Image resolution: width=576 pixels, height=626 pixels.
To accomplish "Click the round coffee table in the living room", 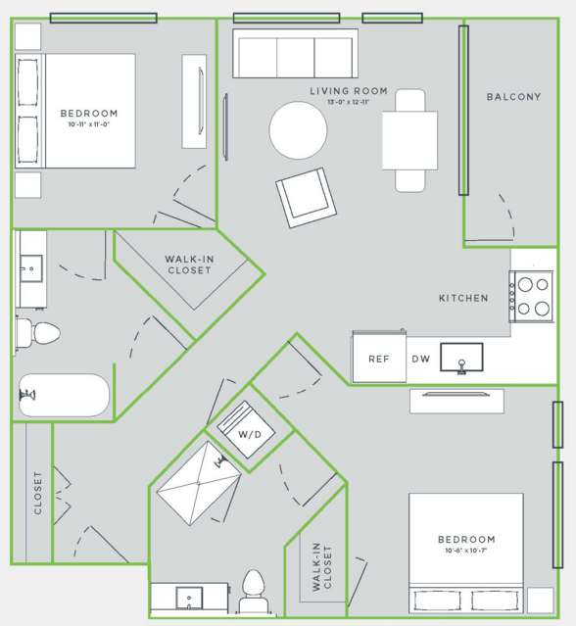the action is [298, 130].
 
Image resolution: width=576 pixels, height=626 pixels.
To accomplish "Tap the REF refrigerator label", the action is [378, 359].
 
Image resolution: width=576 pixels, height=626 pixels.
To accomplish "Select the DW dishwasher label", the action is [420, 359].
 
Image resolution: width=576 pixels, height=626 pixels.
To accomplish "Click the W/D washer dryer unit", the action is [246, 429].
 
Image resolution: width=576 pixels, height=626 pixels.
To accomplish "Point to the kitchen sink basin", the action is [461, 358].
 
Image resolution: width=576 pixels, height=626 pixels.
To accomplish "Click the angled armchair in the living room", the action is [307, 198].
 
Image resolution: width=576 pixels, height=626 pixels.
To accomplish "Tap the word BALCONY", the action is [513, 97].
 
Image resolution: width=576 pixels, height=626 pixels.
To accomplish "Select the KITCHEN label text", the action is [463, 298].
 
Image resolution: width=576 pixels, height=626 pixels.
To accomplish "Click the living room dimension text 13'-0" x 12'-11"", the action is [349, 102].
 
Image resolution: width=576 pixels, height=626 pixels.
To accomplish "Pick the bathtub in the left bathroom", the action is [64, 395].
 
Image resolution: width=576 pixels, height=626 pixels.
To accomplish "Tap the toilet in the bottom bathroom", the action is [254, 592].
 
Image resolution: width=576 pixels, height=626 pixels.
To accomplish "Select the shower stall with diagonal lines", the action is [199, 484].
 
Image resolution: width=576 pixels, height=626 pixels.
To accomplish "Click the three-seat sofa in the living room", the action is [295, 53].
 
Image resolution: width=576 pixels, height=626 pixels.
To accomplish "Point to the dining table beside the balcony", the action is [409, 140].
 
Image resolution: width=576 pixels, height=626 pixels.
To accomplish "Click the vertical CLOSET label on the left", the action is [37, 493].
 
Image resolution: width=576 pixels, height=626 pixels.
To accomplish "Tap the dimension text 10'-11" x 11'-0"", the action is [88, 124].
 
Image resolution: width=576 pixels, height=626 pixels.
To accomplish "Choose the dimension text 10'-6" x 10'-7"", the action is [466, 551].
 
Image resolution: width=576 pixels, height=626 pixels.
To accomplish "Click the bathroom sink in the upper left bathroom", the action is [31, 268].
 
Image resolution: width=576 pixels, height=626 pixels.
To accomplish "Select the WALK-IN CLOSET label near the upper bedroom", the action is [189, 265].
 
